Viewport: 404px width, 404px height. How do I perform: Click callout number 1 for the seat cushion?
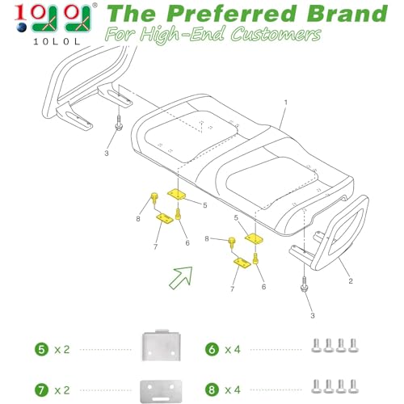286,103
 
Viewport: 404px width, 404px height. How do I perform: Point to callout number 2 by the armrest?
351,281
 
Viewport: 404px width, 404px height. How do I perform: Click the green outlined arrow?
181,278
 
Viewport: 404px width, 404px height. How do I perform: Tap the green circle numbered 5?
42,350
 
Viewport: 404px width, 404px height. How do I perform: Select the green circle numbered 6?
212,350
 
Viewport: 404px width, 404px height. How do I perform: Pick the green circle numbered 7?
42,390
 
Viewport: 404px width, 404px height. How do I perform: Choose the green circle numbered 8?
212,390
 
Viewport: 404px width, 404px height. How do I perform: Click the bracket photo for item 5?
161,346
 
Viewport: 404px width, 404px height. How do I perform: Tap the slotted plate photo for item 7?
161,391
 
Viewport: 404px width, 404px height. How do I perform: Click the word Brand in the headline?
347,14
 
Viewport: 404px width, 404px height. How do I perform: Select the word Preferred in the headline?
231,14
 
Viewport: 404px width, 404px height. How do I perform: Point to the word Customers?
276,35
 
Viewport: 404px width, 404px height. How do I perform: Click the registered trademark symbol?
95,5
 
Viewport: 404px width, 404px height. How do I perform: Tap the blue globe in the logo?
22,27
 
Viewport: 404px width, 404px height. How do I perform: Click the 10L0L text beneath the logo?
57,41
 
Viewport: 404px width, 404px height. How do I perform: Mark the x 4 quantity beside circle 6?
233,350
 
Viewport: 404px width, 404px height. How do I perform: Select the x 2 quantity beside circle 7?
62,390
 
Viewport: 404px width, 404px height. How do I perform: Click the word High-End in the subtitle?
182,35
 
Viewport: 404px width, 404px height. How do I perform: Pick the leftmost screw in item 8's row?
316,386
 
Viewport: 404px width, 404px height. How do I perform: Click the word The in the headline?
132,14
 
